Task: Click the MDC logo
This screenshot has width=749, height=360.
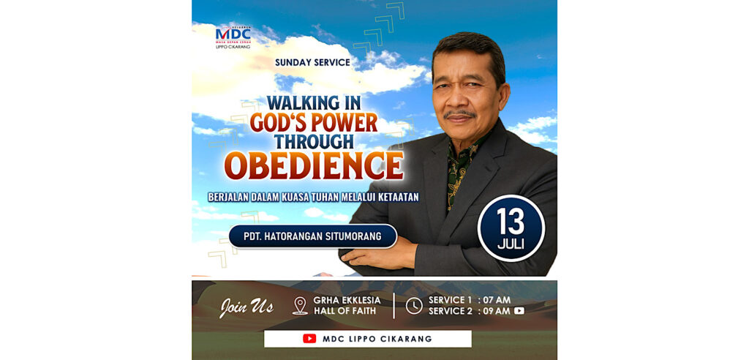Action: point(233,37)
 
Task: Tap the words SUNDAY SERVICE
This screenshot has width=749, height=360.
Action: point(312,62)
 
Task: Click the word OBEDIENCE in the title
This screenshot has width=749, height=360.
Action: point(314,166)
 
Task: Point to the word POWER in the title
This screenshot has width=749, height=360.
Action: point(345,123)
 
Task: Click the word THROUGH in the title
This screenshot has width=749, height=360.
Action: point(314,141)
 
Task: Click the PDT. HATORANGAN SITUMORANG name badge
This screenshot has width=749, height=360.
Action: point(313,236)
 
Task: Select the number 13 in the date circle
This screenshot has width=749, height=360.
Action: point(511,222)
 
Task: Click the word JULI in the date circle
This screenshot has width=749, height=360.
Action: point(511,244)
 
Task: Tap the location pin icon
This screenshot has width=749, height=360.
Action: point(300,306)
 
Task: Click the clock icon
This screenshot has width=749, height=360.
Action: point(414,306)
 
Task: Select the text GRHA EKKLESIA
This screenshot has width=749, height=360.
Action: point(347,300)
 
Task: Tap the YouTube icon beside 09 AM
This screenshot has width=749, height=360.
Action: point(519,311)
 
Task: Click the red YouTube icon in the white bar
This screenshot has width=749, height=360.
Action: point(309,339)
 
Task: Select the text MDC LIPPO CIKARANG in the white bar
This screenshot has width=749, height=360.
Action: point(377,339)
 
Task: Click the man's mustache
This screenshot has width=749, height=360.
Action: point(459,114)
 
